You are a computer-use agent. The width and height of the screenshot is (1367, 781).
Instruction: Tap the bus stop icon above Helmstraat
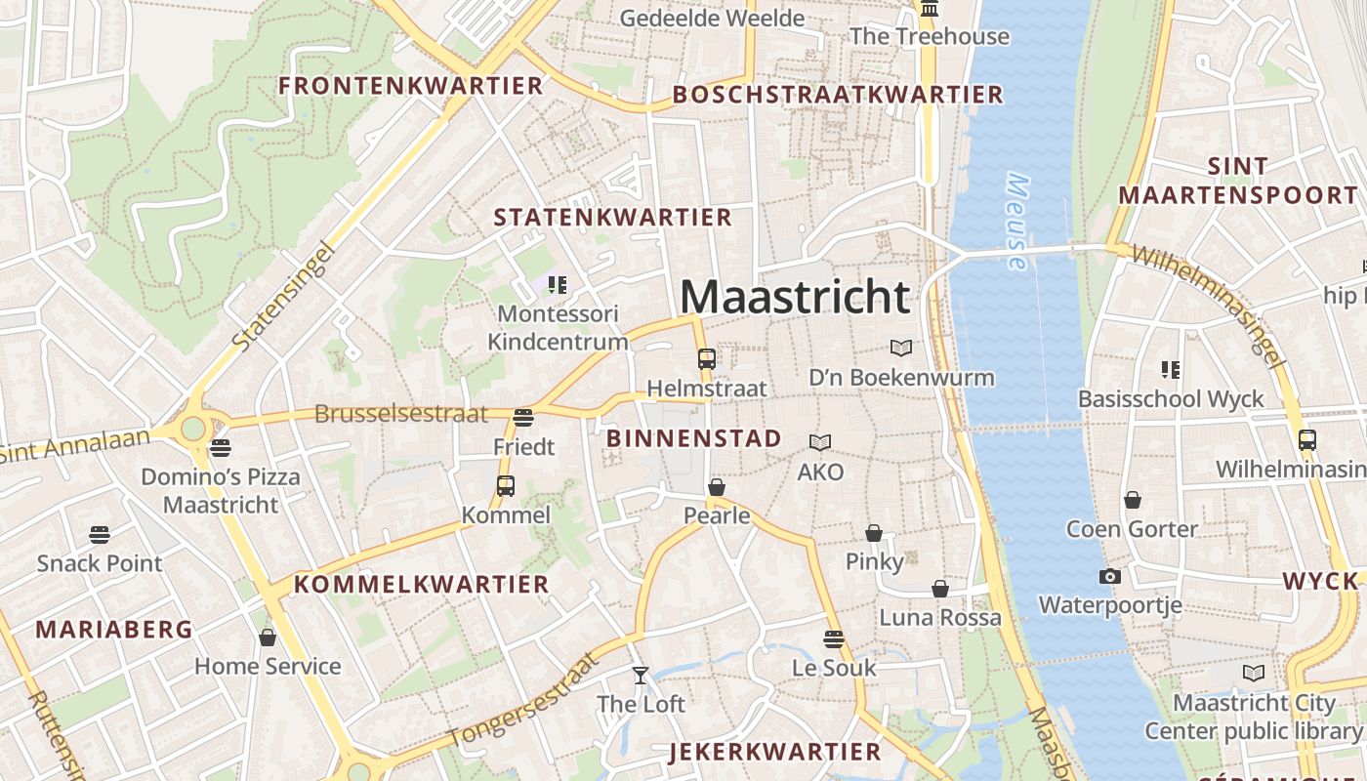click(707, 359)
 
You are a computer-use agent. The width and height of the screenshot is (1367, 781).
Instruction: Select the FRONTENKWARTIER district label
click(410, 86)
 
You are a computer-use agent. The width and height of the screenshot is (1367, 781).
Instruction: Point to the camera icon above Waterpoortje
click(1109, 577)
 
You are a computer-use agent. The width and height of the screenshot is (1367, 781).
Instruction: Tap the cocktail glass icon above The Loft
click(641, 675)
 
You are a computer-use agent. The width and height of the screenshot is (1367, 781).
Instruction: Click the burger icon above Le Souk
click(833, 639)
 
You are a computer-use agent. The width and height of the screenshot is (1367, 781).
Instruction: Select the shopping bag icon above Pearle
click(717, 487)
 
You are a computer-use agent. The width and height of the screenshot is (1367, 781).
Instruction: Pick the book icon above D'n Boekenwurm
click(901, 348)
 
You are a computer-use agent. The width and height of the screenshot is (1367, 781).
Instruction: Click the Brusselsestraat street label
click(400, 414)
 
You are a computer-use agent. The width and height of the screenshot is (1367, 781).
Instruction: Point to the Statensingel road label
click(284, 297)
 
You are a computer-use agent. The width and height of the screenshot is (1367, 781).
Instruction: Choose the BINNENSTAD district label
click(693, 438)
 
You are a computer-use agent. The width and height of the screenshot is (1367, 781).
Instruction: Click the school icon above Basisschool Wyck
click(1170, 370)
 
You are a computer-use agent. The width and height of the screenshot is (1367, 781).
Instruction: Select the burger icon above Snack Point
click(99, 535)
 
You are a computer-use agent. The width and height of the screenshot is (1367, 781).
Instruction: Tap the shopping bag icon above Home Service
click(268, 638)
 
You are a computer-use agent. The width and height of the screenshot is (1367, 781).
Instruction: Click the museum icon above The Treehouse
click(929, 10)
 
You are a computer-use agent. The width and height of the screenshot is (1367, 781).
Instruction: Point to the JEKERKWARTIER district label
click(775, 752)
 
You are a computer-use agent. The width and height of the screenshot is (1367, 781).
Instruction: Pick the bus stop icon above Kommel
click(505, 486)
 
